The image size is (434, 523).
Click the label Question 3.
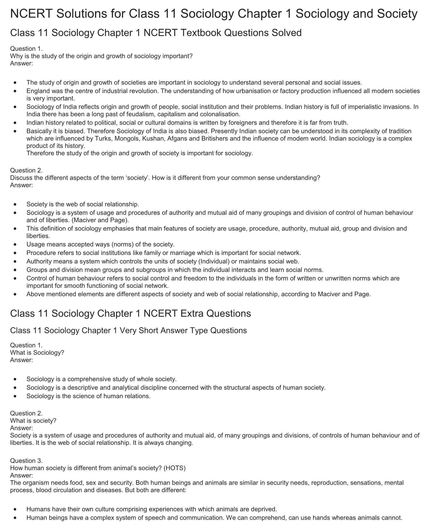coord(26,461)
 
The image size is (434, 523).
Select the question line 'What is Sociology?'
coord(37,353)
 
